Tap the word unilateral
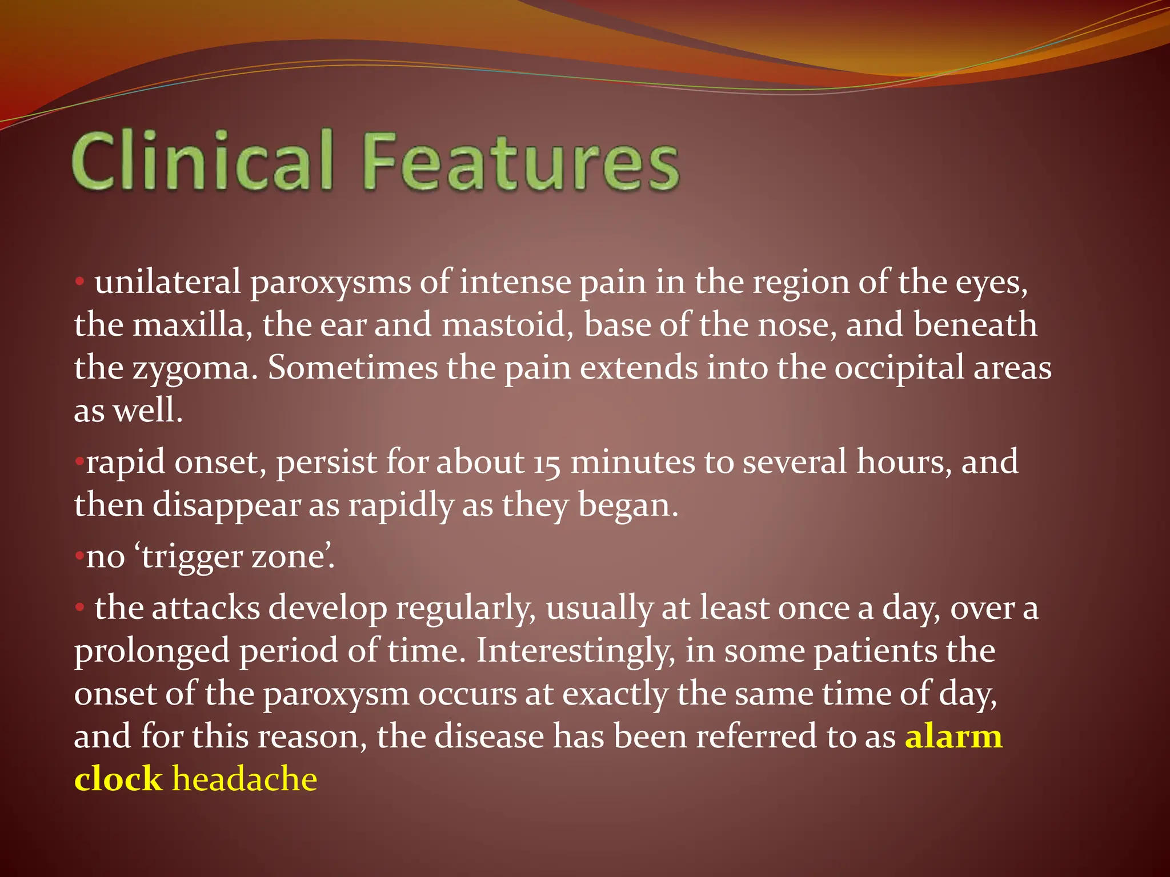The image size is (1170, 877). (167, 282)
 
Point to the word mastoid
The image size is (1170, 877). (507, 325)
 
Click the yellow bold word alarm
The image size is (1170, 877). (953, 737)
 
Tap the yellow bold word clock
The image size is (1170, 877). (118, 779)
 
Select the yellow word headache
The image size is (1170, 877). (245, 779)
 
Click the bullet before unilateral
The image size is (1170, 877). (80, 281)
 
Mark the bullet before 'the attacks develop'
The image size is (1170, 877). (80, 608)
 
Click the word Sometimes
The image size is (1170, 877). (353, 368)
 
